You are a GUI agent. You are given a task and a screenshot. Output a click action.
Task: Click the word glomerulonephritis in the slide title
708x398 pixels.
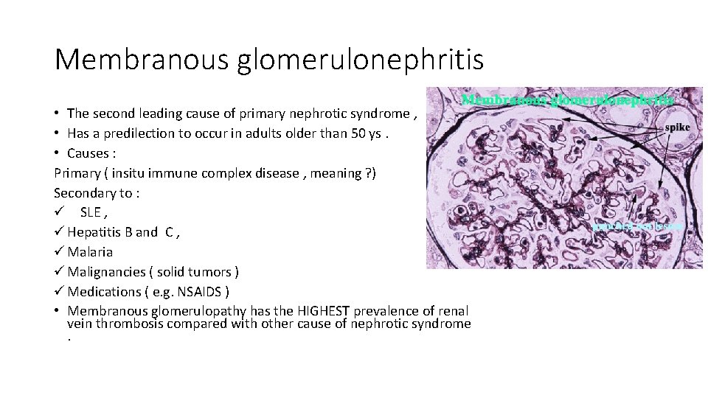coord(361,60)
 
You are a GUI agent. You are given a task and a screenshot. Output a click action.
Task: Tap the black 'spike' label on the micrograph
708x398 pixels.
coord(678,127)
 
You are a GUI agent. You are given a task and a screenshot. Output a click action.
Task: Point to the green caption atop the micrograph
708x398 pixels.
coord(567,99)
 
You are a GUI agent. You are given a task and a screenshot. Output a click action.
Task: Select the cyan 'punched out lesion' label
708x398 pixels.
coord(638,227)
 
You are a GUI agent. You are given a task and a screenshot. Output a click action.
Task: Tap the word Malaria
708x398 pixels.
coord(90,252)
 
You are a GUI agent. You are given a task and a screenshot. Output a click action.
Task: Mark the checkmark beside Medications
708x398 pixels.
coord(59,292)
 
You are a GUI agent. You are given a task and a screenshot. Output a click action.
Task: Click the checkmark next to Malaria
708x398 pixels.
coord(59,252)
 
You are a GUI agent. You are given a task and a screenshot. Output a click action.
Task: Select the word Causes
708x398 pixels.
coord(88,153)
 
